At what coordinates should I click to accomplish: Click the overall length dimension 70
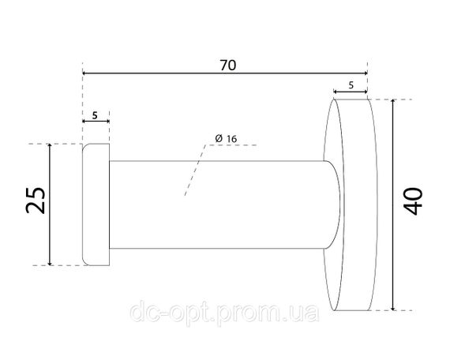click(x=228, y=66)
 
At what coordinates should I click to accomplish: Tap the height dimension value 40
click(x=413, y=201)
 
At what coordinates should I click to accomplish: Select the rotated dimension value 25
click(x=36, y=201)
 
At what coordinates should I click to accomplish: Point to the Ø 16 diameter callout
click(x=226, y=139)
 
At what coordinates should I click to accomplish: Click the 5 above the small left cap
click(x=95, y=115)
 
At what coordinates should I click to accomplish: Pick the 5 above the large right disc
click(x=351, y=85)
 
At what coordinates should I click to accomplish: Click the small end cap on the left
click(x=96, y=204)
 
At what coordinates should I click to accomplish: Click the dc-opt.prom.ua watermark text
click(x=224, y=313)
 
